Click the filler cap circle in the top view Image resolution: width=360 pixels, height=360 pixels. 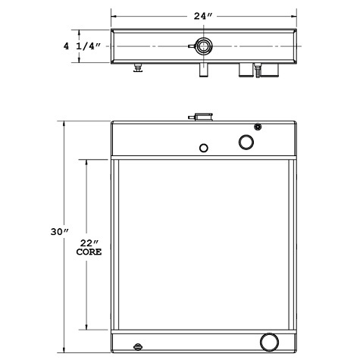coord(202,45)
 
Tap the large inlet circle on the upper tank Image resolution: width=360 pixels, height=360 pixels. coord(247,142)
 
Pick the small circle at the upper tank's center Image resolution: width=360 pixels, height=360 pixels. coord(203,148)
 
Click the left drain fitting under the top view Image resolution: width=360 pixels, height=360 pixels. coord(138,69)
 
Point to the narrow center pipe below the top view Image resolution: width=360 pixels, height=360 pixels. coord(202,70)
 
